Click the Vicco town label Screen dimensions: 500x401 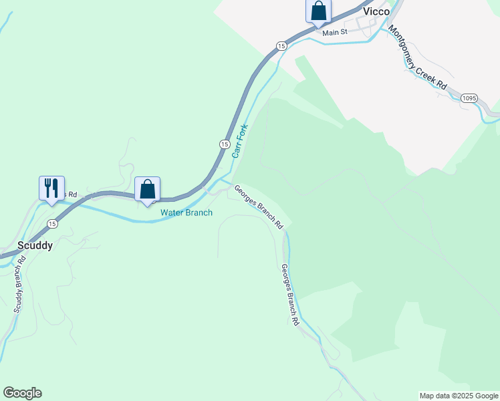376,11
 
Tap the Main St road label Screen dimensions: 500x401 335,32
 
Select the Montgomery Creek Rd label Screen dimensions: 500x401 417,57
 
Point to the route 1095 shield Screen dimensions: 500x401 469,98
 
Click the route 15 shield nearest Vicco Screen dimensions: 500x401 281,45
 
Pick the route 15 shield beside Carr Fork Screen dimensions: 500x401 225,144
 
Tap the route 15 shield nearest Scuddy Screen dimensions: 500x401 52,224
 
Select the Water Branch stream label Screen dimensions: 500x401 186,213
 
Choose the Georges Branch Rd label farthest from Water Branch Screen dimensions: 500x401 289,295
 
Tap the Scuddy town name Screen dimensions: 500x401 35,245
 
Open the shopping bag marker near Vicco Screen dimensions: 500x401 319,11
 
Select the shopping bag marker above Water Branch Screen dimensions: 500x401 148,188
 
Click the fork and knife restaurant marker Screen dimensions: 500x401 51,188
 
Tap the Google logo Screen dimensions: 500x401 22,393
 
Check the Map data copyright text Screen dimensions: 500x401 459,396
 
